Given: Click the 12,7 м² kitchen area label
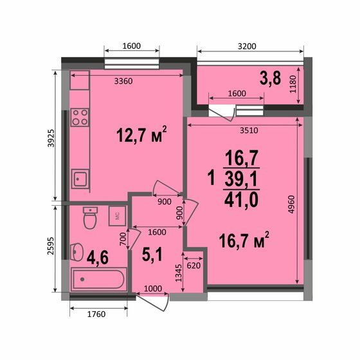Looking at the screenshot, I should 141,135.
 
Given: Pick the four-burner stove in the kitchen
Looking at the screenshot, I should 80,118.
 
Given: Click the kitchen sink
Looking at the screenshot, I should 80,178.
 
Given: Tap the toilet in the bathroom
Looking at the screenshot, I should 90,219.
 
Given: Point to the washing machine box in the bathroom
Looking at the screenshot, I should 118,216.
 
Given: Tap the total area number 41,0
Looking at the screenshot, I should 241,199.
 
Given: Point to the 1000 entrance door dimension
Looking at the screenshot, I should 152,289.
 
